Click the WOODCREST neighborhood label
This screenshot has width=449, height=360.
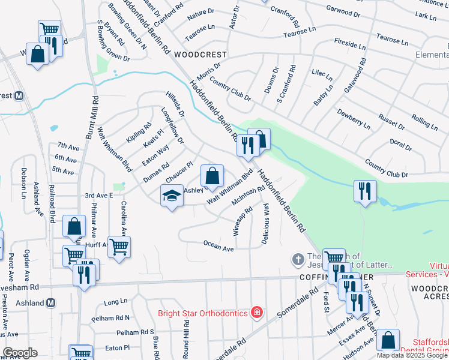click(200, 54)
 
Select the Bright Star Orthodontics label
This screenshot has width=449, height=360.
click(203, 313)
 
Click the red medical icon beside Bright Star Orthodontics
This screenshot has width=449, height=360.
click(257, 312)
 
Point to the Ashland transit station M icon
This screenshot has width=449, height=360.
click(52, 302)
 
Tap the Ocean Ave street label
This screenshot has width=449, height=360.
click(218, 245)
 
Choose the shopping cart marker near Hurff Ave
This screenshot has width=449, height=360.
click(119, 246)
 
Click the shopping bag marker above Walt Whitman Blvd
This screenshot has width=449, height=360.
click(212, 176)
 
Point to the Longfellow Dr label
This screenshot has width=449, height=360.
click(172, 124)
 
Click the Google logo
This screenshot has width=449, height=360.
click(20, 353)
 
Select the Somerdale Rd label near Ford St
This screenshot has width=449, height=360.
click(298, 304)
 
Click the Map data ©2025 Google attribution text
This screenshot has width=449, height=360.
click(412, 355)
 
